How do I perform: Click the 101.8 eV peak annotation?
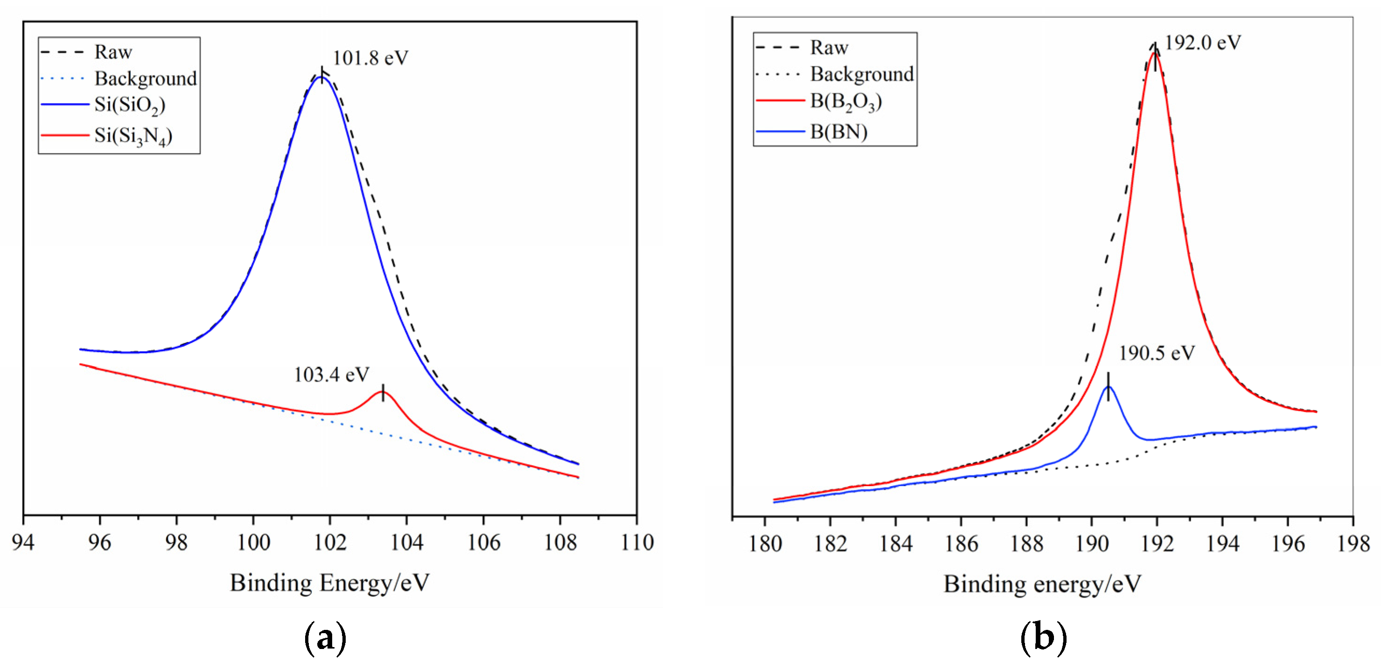370,58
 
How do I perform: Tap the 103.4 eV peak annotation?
331,374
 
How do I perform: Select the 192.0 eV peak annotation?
1202,42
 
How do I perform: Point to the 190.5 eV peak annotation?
1157,353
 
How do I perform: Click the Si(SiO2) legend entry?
130,105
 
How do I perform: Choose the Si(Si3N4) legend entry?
133,136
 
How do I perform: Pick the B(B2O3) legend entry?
845,101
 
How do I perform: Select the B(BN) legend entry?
838,131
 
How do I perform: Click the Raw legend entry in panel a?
113,52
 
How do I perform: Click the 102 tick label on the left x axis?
330,543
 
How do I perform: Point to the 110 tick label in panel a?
637,543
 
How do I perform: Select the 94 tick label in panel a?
23,543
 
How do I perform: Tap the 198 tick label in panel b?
1353,544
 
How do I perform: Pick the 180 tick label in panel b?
765,544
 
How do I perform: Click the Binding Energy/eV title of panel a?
330,583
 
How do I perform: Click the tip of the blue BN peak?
1108,386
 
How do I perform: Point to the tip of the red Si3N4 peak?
383,392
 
